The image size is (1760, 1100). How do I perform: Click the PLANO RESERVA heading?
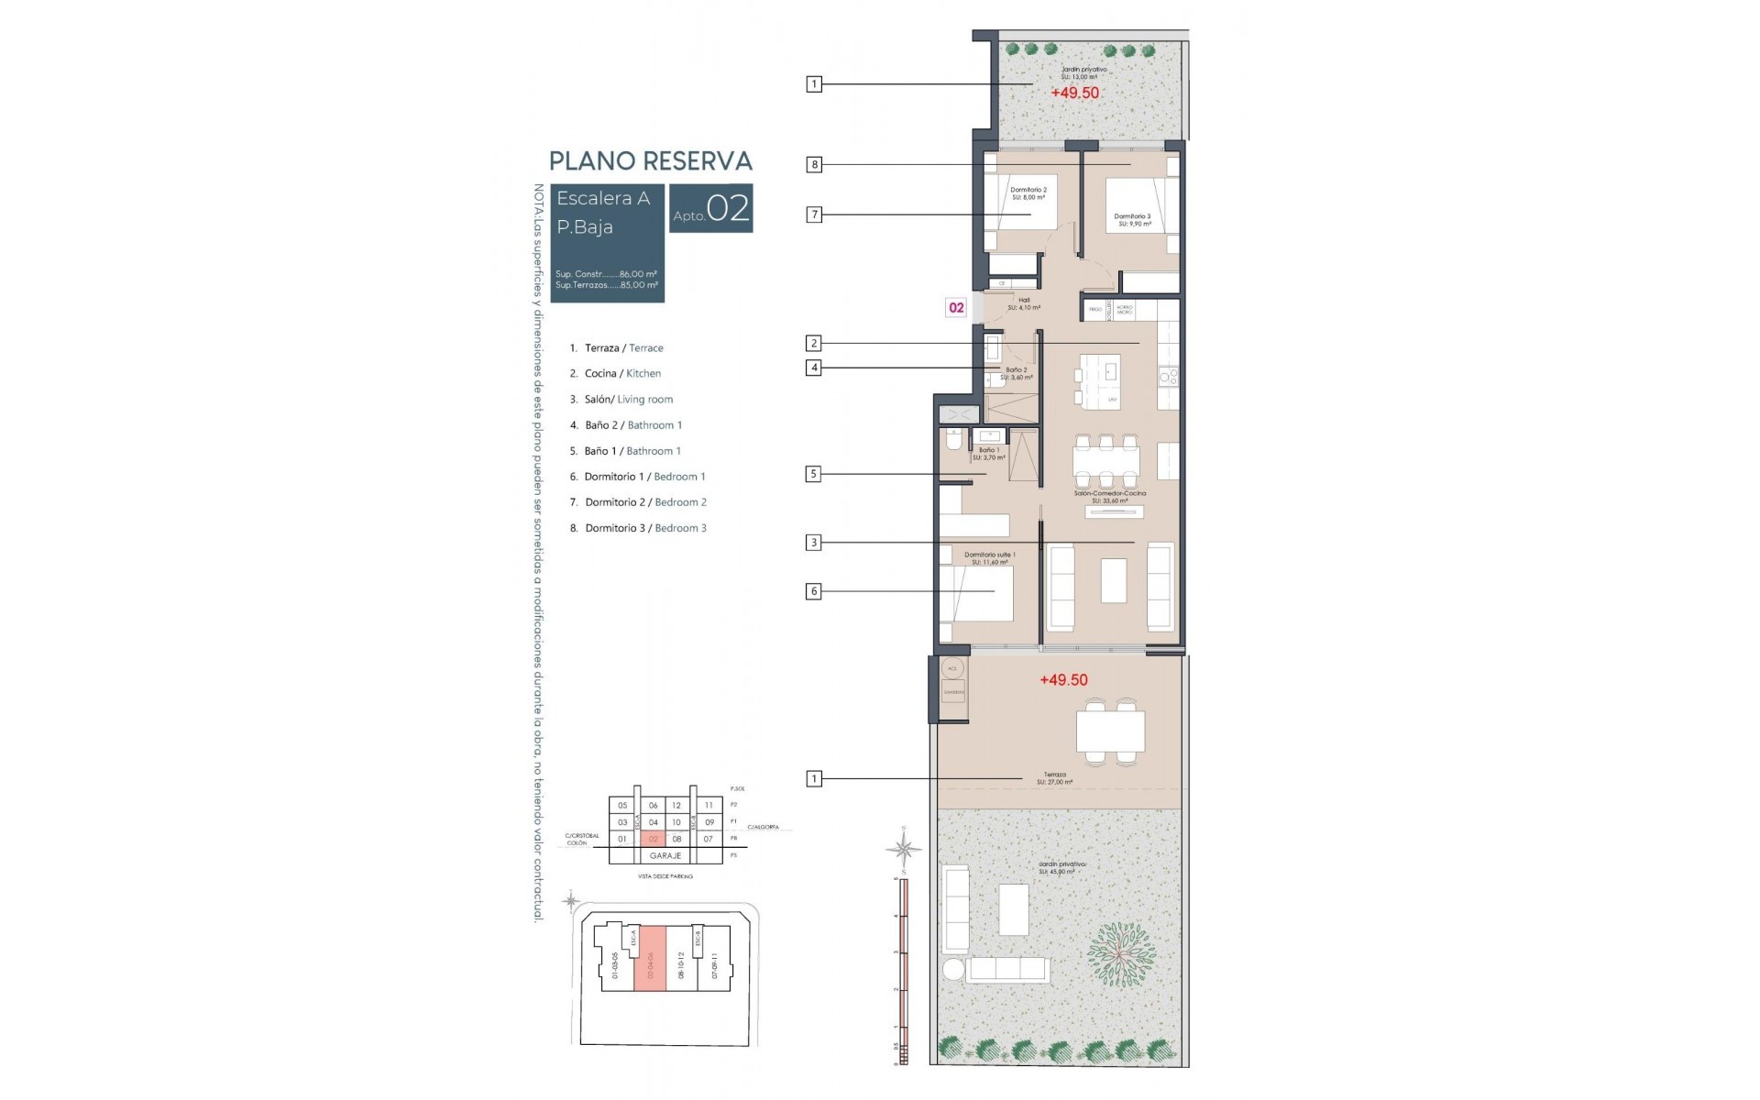click(x=650, y=161)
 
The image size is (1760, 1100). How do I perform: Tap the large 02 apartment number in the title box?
click(x=729, y=208)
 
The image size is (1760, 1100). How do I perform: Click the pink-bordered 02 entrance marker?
click(x=956, y=308)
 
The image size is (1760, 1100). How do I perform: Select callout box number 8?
click(x=814, y=165)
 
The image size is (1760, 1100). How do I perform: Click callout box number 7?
click(x=814, y=214)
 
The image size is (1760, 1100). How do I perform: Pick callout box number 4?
click(x=814, y=368)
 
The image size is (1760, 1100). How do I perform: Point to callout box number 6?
click(x=814, y=591)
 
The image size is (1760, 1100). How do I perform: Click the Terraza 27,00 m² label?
click(x=1054, y=778)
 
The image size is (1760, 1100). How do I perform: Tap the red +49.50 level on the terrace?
click(x=1063, y=680)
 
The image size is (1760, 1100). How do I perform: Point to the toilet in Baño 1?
click(x=953, y=444)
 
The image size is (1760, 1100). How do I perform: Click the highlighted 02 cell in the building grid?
click(x=654, y=839)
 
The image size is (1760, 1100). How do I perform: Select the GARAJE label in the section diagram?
click(x=665, y=855)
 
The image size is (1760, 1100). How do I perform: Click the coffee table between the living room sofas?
click(x=1113, y=580)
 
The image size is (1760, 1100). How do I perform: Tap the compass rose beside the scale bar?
click(x=904, y=850)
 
